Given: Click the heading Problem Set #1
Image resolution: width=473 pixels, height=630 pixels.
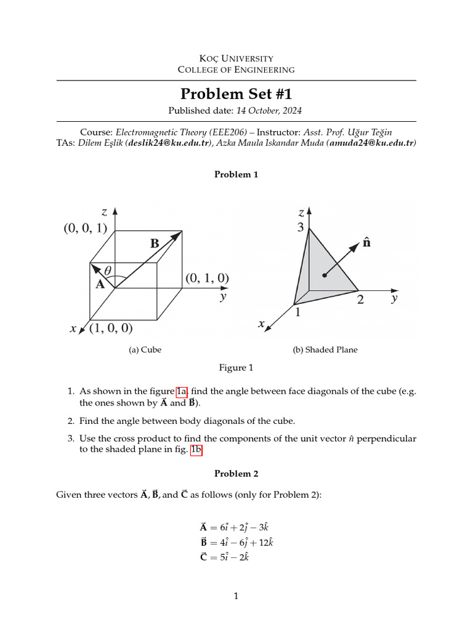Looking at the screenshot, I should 236,94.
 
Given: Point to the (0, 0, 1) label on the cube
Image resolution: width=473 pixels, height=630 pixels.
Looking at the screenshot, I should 85,228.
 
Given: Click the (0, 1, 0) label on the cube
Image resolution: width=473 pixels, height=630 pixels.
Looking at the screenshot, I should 207,278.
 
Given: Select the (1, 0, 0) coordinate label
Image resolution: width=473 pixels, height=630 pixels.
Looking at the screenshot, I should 111,328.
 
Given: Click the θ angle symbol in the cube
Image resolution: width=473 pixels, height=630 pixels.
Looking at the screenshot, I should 108,270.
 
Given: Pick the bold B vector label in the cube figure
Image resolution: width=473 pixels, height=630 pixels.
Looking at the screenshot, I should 155,244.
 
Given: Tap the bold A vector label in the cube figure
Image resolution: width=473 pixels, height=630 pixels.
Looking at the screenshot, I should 99,285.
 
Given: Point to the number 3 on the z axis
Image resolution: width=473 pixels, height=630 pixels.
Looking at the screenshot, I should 301,228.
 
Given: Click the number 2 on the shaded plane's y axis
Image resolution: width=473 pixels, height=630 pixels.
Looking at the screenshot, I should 360,300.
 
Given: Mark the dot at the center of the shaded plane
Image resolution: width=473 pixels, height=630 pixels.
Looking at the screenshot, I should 324,273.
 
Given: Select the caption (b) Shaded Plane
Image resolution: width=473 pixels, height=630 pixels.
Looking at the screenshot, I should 325,349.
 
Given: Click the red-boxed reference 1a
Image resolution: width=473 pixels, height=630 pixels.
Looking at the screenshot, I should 182,391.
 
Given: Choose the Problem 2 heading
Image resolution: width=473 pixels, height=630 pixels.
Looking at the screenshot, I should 236,473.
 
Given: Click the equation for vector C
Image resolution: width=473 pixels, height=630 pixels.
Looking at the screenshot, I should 224,557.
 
